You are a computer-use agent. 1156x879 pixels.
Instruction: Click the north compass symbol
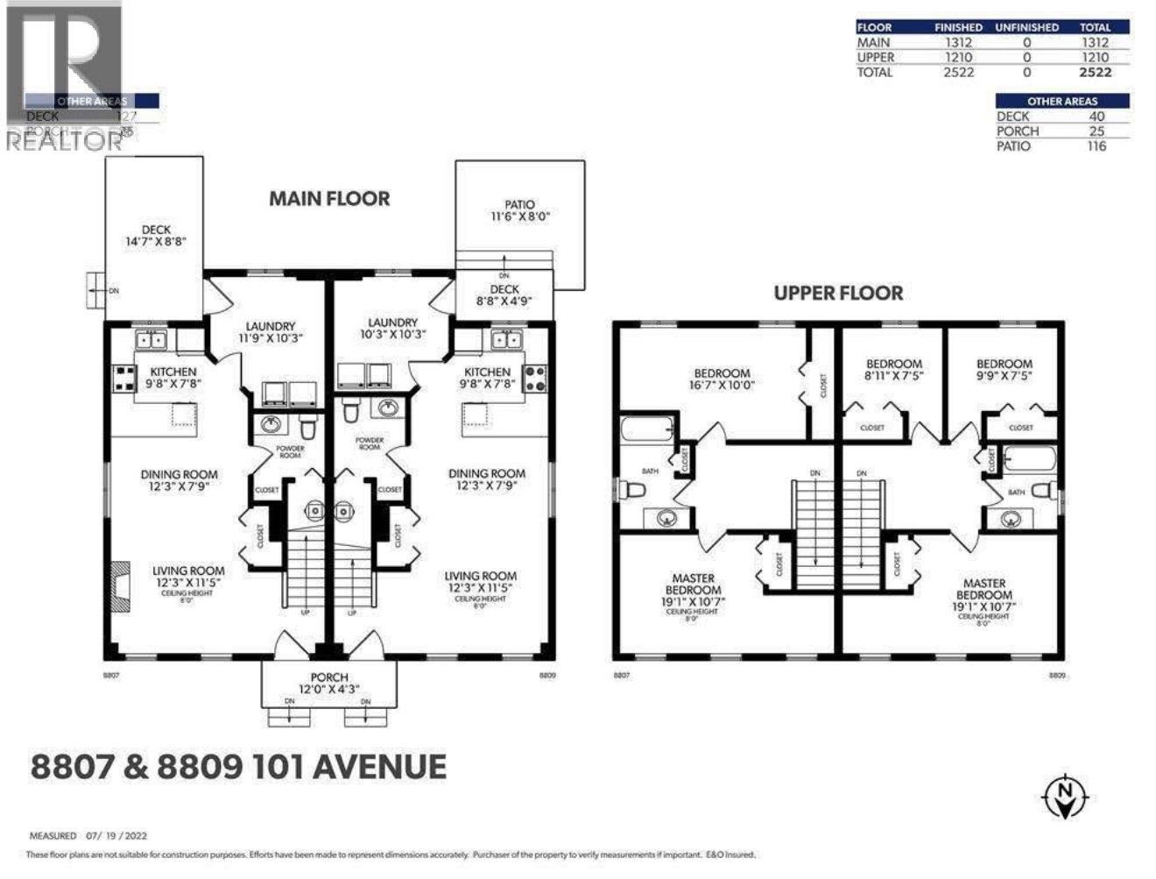tap(1066, 796)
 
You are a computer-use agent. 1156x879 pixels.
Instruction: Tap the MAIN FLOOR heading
tap(328, 199)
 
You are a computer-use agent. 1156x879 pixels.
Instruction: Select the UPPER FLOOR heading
tap(838, 293)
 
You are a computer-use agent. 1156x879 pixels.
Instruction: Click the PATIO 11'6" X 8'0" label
tap(519, 210)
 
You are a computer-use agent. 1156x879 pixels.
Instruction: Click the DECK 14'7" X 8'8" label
tap(156, 236)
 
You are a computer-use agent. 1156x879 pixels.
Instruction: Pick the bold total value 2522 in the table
tap(1095, 72)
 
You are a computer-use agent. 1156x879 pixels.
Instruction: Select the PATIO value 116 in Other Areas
tap(1096, 145)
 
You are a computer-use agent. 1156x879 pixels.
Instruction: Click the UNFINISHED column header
tap(1026, 27)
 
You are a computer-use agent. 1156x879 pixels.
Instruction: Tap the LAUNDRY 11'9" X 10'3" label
tap(270, 331)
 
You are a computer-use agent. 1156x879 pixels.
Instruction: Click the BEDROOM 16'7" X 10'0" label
tap(722, 379)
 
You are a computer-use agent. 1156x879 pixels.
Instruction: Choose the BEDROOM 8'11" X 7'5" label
tap(893, 369)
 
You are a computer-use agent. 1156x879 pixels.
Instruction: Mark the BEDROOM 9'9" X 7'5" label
tap(1004, 369)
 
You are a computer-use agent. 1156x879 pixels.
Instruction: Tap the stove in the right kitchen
tap(534, 378)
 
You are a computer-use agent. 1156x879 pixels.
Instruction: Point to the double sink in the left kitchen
tap(151, 339)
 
